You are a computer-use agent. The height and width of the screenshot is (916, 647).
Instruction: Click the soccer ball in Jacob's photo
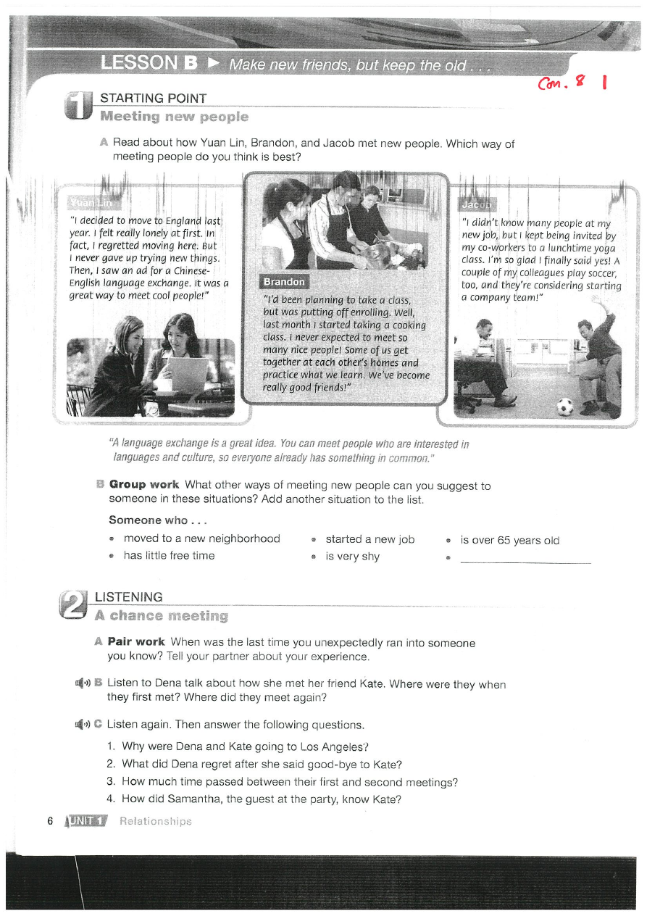pyautogui.click(x=565, y=407)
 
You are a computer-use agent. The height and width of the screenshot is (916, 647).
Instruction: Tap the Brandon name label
pyautogui.click(x=284, y=282)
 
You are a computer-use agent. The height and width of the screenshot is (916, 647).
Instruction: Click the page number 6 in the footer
pyautogui.click(x=50, y=821)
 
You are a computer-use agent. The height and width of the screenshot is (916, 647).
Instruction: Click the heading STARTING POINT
pyautogui.click(x=153, y=99)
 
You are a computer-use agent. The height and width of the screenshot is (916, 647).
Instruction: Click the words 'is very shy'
pyautogui.click(x=352, y=557)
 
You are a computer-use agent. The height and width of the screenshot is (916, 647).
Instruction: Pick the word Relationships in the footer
pyautogui.click(x=156, y=821)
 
